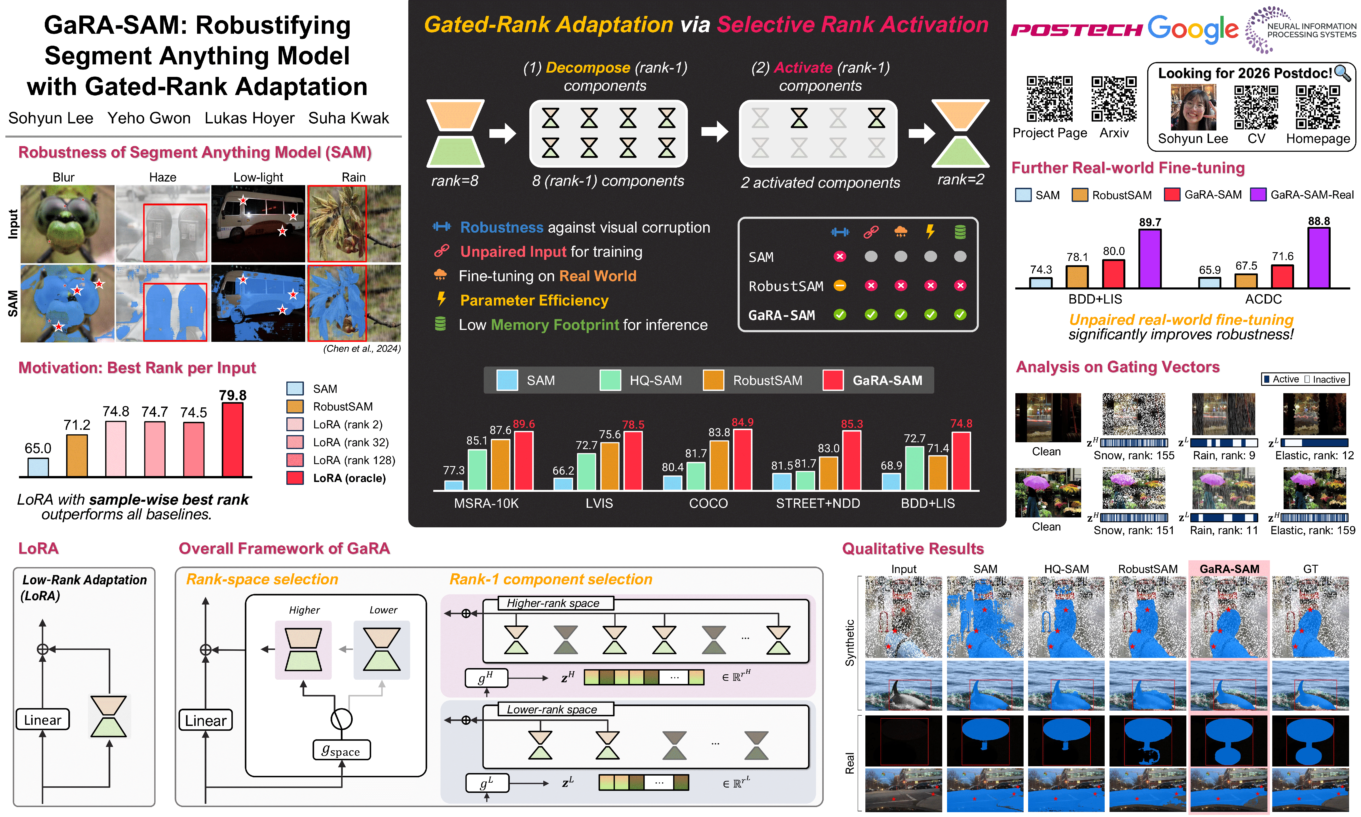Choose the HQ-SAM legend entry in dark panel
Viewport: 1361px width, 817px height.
click(x=641, y=380)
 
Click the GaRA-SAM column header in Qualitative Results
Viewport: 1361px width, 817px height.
click(x=1229, y=569)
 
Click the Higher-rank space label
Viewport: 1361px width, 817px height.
click(x=553, y=603)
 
